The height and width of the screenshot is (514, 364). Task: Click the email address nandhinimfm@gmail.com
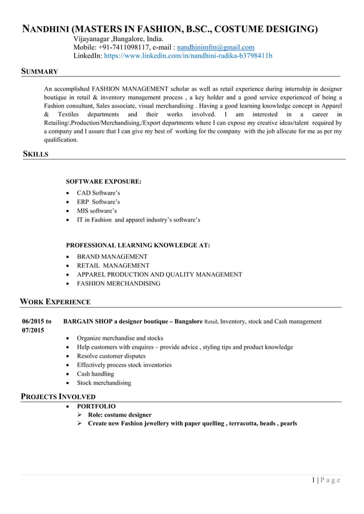(x=216, y=47)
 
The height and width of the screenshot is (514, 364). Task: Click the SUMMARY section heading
(x=39, y=71)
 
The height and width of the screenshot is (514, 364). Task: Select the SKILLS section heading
(x=35, y=154)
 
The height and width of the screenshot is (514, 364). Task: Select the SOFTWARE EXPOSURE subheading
(x=104, y=182)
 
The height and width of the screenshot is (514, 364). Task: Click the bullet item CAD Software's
(x=98, y=193)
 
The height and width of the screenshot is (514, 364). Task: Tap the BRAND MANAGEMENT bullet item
(x=112, y=257)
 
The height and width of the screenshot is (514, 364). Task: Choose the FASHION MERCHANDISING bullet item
(x=119, y=283)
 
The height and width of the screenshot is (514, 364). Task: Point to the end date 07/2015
(x=33, y=331)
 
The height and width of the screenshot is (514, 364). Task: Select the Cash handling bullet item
(x=95, y=374)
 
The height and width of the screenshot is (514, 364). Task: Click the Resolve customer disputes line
(x=111, y=356)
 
